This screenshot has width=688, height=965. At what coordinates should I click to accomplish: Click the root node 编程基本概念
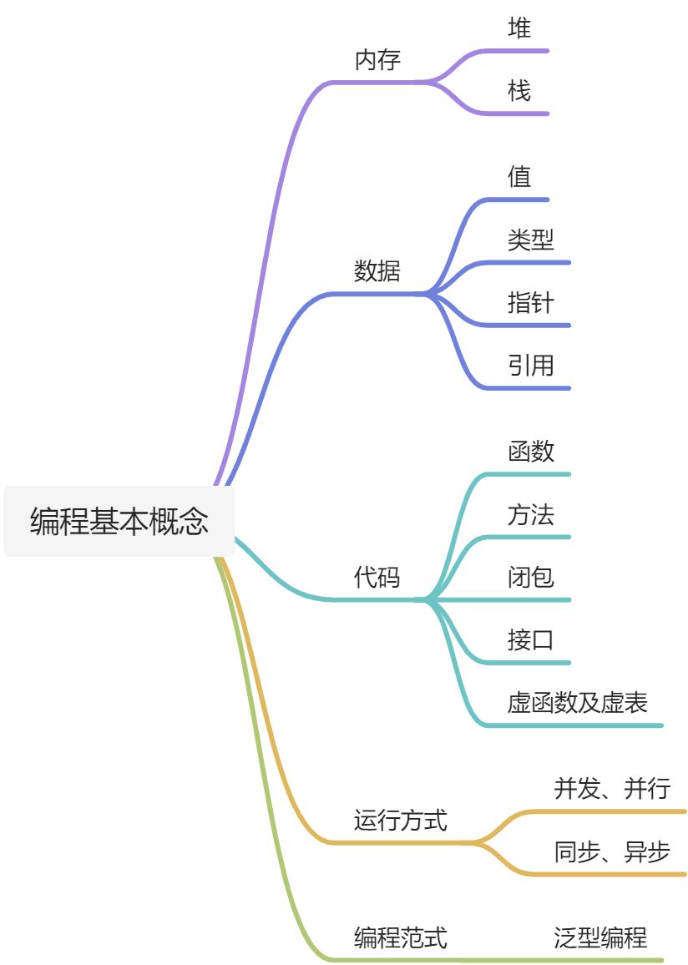click(119, 522)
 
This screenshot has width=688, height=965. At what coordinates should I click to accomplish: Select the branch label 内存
click(377, 60)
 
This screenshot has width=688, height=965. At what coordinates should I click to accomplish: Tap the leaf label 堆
click(519, 28)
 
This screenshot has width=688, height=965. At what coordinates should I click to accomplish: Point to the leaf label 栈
click(519, 90)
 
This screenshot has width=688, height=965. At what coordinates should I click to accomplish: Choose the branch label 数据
click(377, 271)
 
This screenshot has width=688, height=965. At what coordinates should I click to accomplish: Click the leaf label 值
click(519, 177)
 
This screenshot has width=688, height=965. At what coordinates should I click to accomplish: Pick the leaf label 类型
click(530, 240)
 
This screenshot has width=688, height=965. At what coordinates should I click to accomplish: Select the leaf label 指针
click(530, 302)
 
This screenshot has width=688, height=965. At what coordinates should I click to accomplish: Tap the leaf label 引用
click(530, 366)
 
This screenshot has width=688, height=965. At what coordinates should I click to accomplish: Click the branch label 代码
click(377, 577)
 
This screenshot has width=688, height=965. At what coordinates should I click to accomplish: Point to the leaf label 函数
click(530, 452)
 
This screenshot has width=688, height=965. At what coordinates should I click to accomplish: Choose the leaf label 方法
click(530, 514)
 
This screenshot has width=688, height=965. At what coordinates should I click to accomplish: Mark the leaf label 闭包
click(530, 577)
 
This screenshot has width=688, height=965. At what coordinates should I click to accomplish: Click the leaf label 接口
click(530, 640)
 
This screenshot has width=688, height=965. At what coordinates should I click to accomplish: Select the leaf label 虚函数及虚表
click(577, 703)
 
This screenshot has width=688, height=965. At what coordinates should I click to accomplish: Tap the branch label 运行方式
click(401, 821)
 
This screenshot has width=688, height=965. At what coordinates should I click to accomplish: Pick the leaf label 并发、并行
click(612, 788)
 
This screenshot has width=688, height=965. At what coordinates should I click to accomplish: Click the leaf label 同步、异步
click(612, 852)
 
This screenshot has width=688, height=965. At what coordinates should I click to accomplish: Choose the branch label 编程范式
click(401, 937)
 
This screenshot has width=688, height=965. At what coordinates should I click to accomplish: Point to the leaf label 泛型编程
click(600, 937)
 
